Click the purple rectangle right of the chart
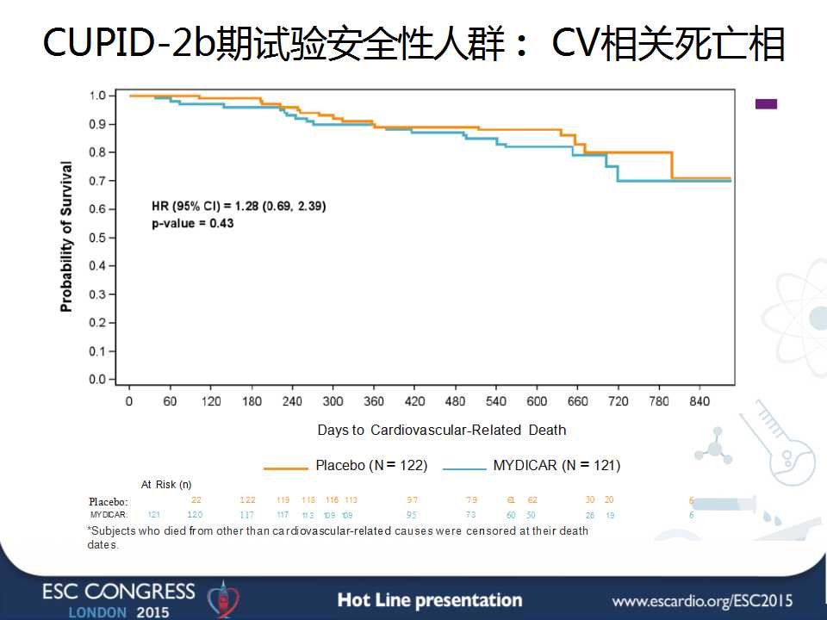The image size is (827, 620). click(766, 104)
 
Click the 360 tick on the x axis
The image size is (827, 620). click(374, 401)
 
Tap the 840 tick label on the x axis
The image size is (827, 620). click(700, 401)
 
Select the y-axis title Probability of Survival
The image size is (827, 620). click(66, 236)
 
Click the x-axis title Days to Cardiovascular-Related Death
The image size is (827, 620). click(441, 430)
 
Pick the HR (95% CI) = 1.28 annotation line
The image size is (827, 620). click(239, 206)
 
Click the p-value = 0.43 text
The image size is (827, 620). click(192, 223)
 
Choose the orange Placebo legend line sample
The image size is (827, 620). click(285, 468)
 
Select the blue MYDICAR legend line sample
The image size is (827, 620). click(464, 468)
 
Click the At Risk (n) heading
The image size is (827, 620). click(166, 485)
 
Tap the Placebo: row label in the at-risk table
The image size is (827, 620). click(109, 501)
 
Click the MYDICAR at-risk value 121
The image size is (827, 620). click(154, 515)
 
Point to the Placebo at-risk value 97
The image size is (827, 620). click(413, 500)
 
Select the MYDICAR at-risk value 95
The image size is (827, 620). click(412, 515)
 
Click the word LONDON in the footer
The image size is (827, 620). click(97, 612)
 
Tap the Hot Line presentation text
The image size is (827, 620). click(429, 600)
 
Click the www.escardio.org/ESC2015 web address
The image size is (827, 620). click(702, 600)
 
